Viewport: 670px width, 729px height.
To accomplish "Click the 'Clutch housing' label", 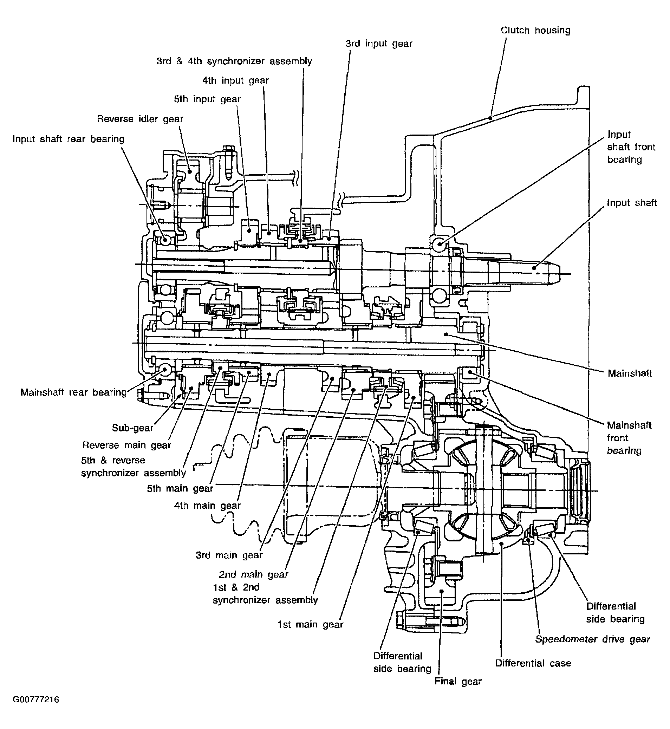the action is pyautogui.click(x=535, y=31).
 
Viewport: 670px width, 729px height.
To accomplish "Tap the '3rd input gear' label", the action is pyautogui.click(x=379, y=44).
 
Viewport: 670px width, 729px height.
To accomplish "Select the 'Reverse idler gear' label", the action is pyautogui.click(x=140, y=119).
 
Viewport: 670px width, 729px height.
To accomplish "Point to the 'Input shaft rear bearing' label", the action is pyautogui.click(x=69, y=139).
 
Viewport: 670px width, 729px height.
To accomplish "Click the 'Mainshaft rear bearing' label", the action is pyautogui.click(x=73, y=392).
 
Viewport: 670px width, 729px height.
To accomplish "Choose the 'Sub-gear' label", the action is pyautogui.click(x=133, y=428).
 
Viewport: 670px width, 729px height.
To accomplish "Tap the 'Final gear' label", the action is pyautogui.click(x=458, y=682).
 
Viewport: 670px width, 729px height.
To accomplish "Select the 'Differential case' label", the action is pyautogui.click(x=533, y=663).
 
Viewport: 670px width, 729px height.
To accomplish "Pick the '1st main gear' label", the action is pyautogui.click(x=310, y=624).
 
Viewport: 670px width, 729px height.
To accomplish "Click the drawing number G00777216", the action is pyautogui.click(x=36, y=709).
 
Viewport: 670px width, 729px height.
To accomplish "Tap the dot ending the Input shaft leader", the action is pyautogui.click(x=534, y=268).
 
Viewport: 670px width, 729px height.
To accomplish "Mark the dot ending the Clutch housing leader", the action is pyautogui.click(x=490, y=117).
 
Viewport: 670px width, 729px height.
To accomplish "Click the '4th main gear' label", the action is pyautogui.click(x=207, y=505).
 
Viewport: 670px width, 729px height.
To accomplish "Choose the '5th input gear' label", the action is pyautogui.click(x=207, y=99).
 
